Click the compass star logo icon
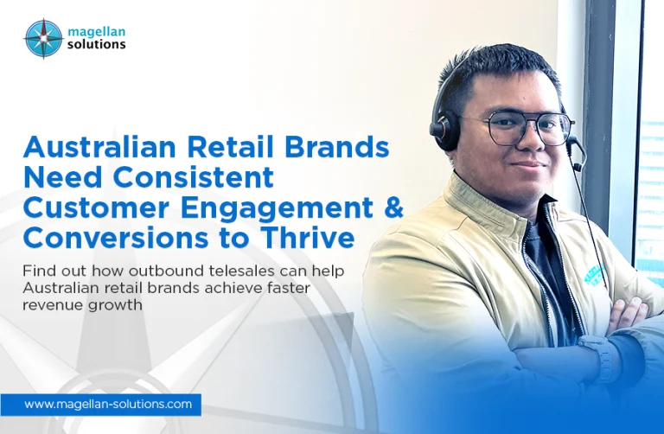[43, 39]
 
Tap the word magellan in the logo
[97, 32]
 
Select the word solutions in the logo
[97, 44]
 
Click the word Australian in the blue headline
[100, 147]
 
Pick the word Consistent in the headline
[193, 177]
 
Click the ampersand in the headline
[394, 207]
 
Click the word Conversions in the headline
[116, 238]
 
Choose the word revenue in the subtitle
[48, 305]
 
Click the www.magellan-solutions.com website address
[108, 404]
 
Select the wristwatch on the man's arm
[598, 354]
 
